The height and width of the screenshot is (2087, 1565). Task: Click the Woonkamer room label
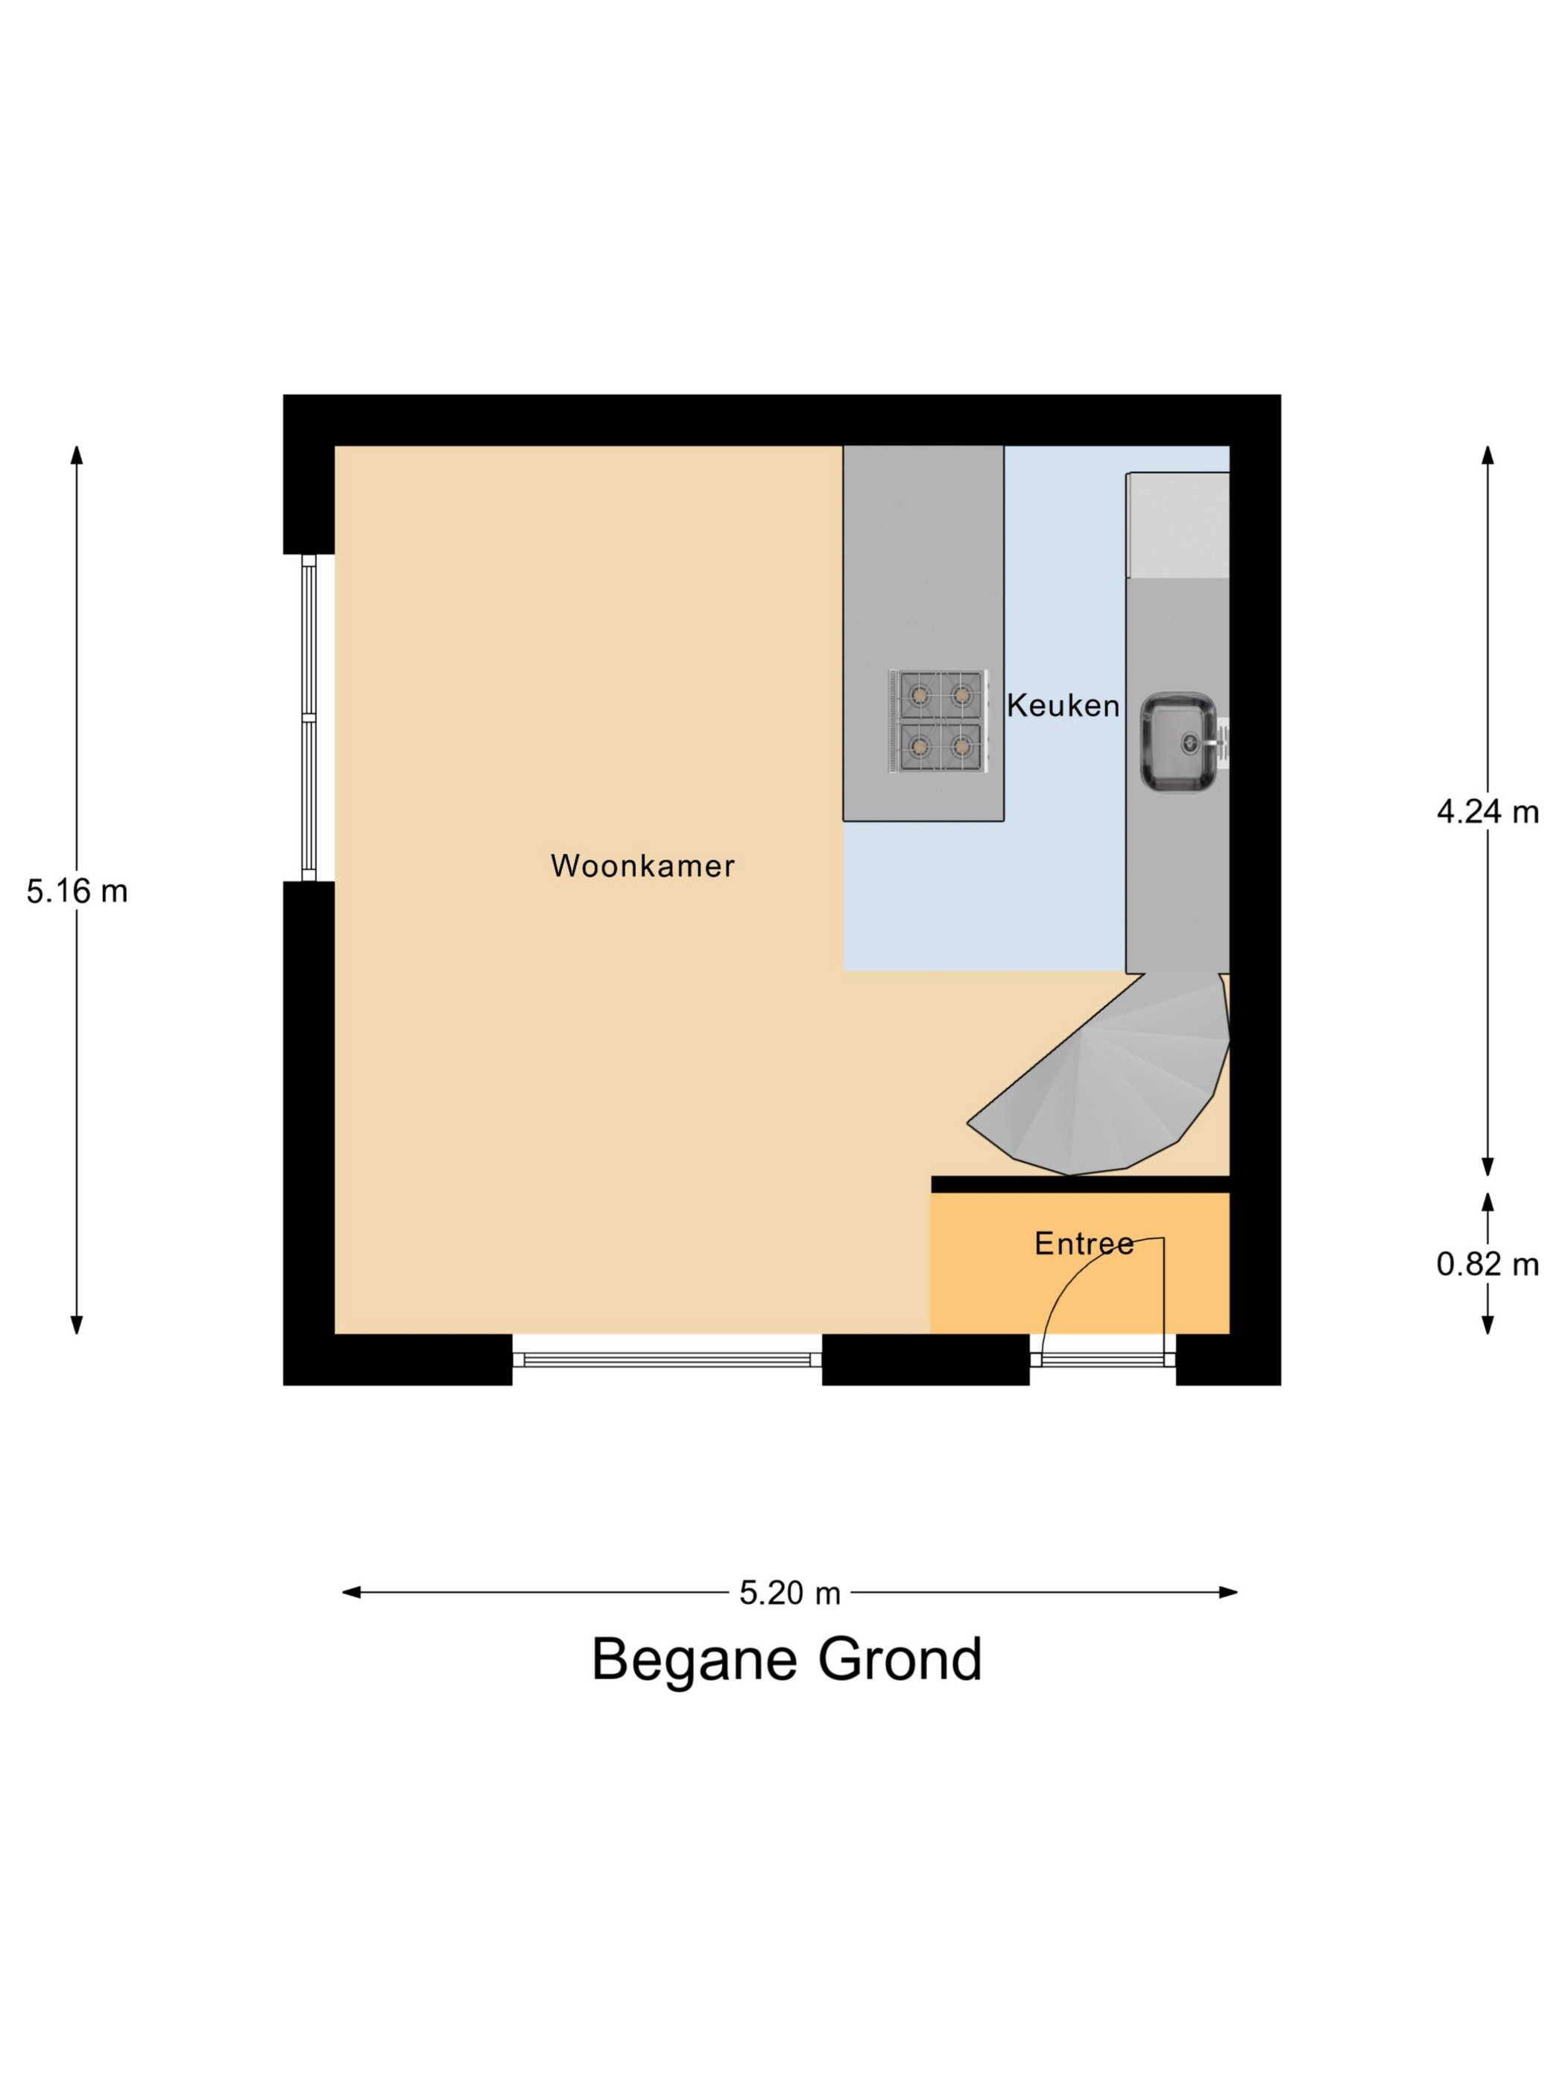pyautogui.click(x=642, y=865)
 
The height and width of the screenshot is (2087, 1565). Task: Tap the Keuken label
pyautogui.click(x=1063, y=705)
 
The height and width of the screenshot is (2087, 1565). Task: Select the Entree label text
pyautogui.click(x=1084, y=1243)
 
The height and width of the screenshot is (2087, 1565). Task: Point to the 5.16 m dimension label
pyautogui.click(x=78, y=891)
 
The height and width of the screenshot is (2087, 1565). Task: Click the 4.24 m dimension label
pyautogui.click(x=1487, y=812)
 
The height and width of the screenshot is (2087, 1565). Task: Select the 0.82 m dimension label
pyautogui.click(x=1487, y=1264)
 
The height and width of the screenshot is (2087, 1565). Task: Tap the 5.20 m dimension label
pyautogui.click(x=789, y=1593)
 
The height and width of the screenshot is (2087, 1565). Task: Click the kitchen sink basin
pyautogui.click(x=1178, y=742)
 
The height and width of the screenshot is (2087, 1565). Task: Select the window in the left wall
pyautogui.click(x=308, y=717)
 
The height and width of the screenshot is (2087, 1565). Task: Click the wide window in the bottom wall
pyautogui.click(x=667, y=1360)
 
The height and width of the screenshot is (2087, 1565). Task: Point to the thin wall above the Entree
pyautogui.click(x=1080, y=1184)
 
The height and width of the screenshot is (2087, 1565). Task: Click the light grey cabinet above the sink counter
pyautogui.click(x=1179, y=525)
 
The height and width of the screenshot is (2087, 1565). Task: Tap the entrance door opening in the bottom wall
pyautogui.click(x=1103, y=1360)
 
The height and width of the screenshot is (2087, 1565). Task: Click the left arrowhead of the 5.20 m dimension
pyautogui.click(x=351, y=1593)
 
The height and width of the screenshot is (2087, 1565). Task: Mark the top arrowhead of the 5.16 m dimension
pyautogui.click(x=78, y=455)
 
